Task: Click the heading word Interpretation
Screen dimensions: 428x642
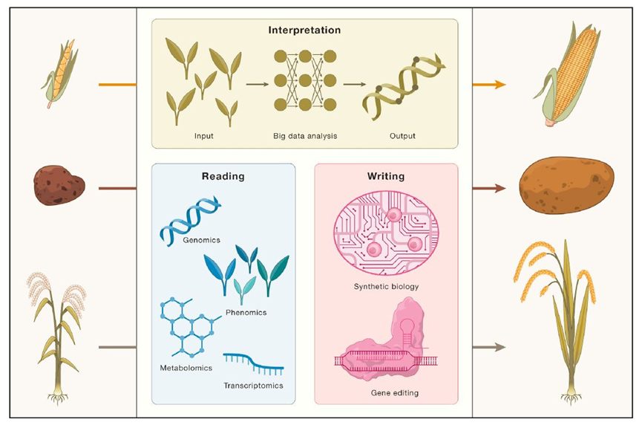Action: click(x=304, y=31)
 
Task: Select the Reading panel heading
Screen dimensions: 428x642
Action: click(x=223, y=177)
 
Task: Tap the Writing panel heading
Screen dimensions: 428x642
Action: click(x=386, y=177)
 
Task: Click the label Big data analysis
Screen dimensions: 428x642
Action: click(x=304, y=136)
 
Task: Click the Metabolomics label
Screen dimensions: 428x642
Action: click(x=186, y=368)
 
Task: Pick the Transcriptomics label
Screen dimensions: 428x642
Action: click(x=253, y=386)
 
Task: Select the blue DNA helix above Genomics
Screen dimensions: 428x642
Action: click(x=189, y=218)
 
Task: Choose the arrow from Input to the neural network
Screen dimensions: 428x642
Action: click(x=257, y=85)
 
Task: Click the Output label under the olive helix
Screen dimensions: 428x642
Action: click(x=402, y=136)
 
